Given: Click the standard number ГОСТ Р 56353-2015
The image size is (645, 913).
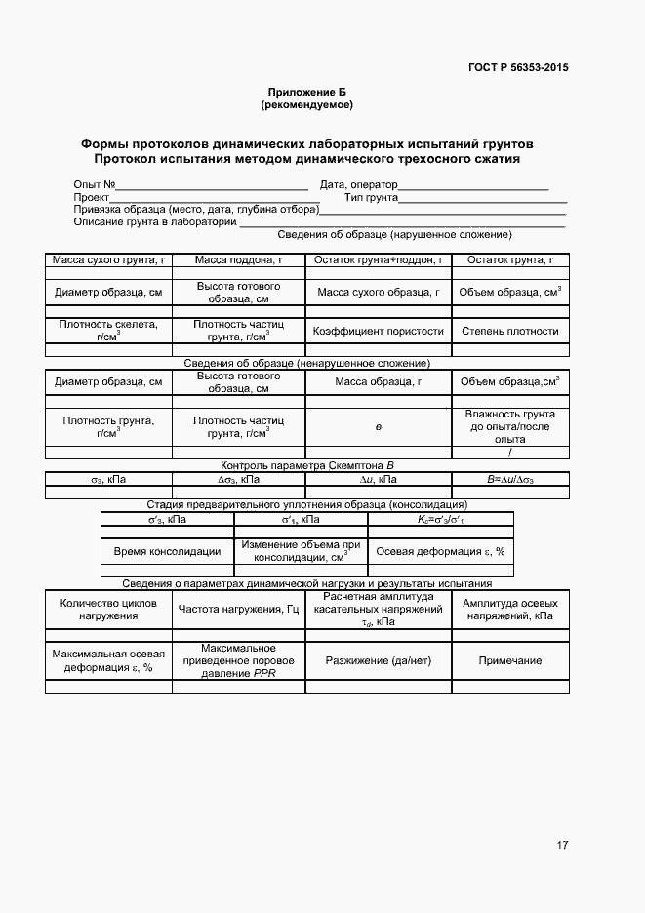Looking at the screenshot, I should [x=517, y=67].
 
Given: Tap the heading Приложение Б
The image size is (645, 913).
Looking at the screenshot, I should [x=306, y=91].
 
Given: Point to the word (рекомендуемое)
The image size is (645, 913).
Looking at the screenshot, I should [x=306, y=103].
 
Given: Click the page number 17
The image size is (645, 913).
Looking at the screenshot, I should [x=562, y=845].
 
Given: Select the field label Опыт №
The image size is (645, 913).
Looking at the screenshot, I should [x=95, y=184].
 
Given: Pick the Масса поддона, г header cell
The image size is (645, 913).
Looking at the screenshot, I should [x=238, y=260].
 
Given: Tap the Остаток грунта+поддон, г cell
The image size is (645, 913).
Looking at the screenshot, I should [x=378, y=260].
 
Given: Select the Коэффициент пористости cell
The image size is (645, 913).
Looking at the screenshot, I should [x=378, y=331].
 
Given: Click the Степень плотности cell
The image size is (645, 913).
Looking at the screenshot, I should [x=510, y=331].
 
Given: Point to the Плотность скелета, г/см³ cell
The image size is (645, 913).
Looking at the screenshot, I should [x=108, y=331].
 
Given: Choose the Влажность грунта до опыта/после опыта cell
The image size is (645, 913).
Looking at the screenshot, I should [x=510, y=426].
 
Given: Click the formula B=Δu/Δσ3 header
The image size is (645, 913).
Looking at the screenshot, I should [x=510, y=480].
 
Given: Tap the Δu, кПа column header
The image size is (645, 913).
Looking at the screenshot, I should [x=378, y=480].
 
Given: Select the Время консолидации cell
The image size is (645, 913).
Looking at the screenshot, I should [x=167, y=551].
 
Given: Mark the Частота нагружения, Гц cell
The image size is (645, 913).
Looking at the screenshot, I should [x=238, y=610].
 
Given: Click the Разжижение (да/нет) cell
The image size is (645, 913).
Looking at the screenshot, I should [x=378, y=660].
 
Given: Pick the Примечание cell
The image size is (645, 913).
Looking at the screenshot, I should [x=510, y=660].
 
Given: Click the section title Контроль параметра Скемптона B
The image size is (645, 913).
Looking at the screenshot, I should [x=307, y=466].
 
